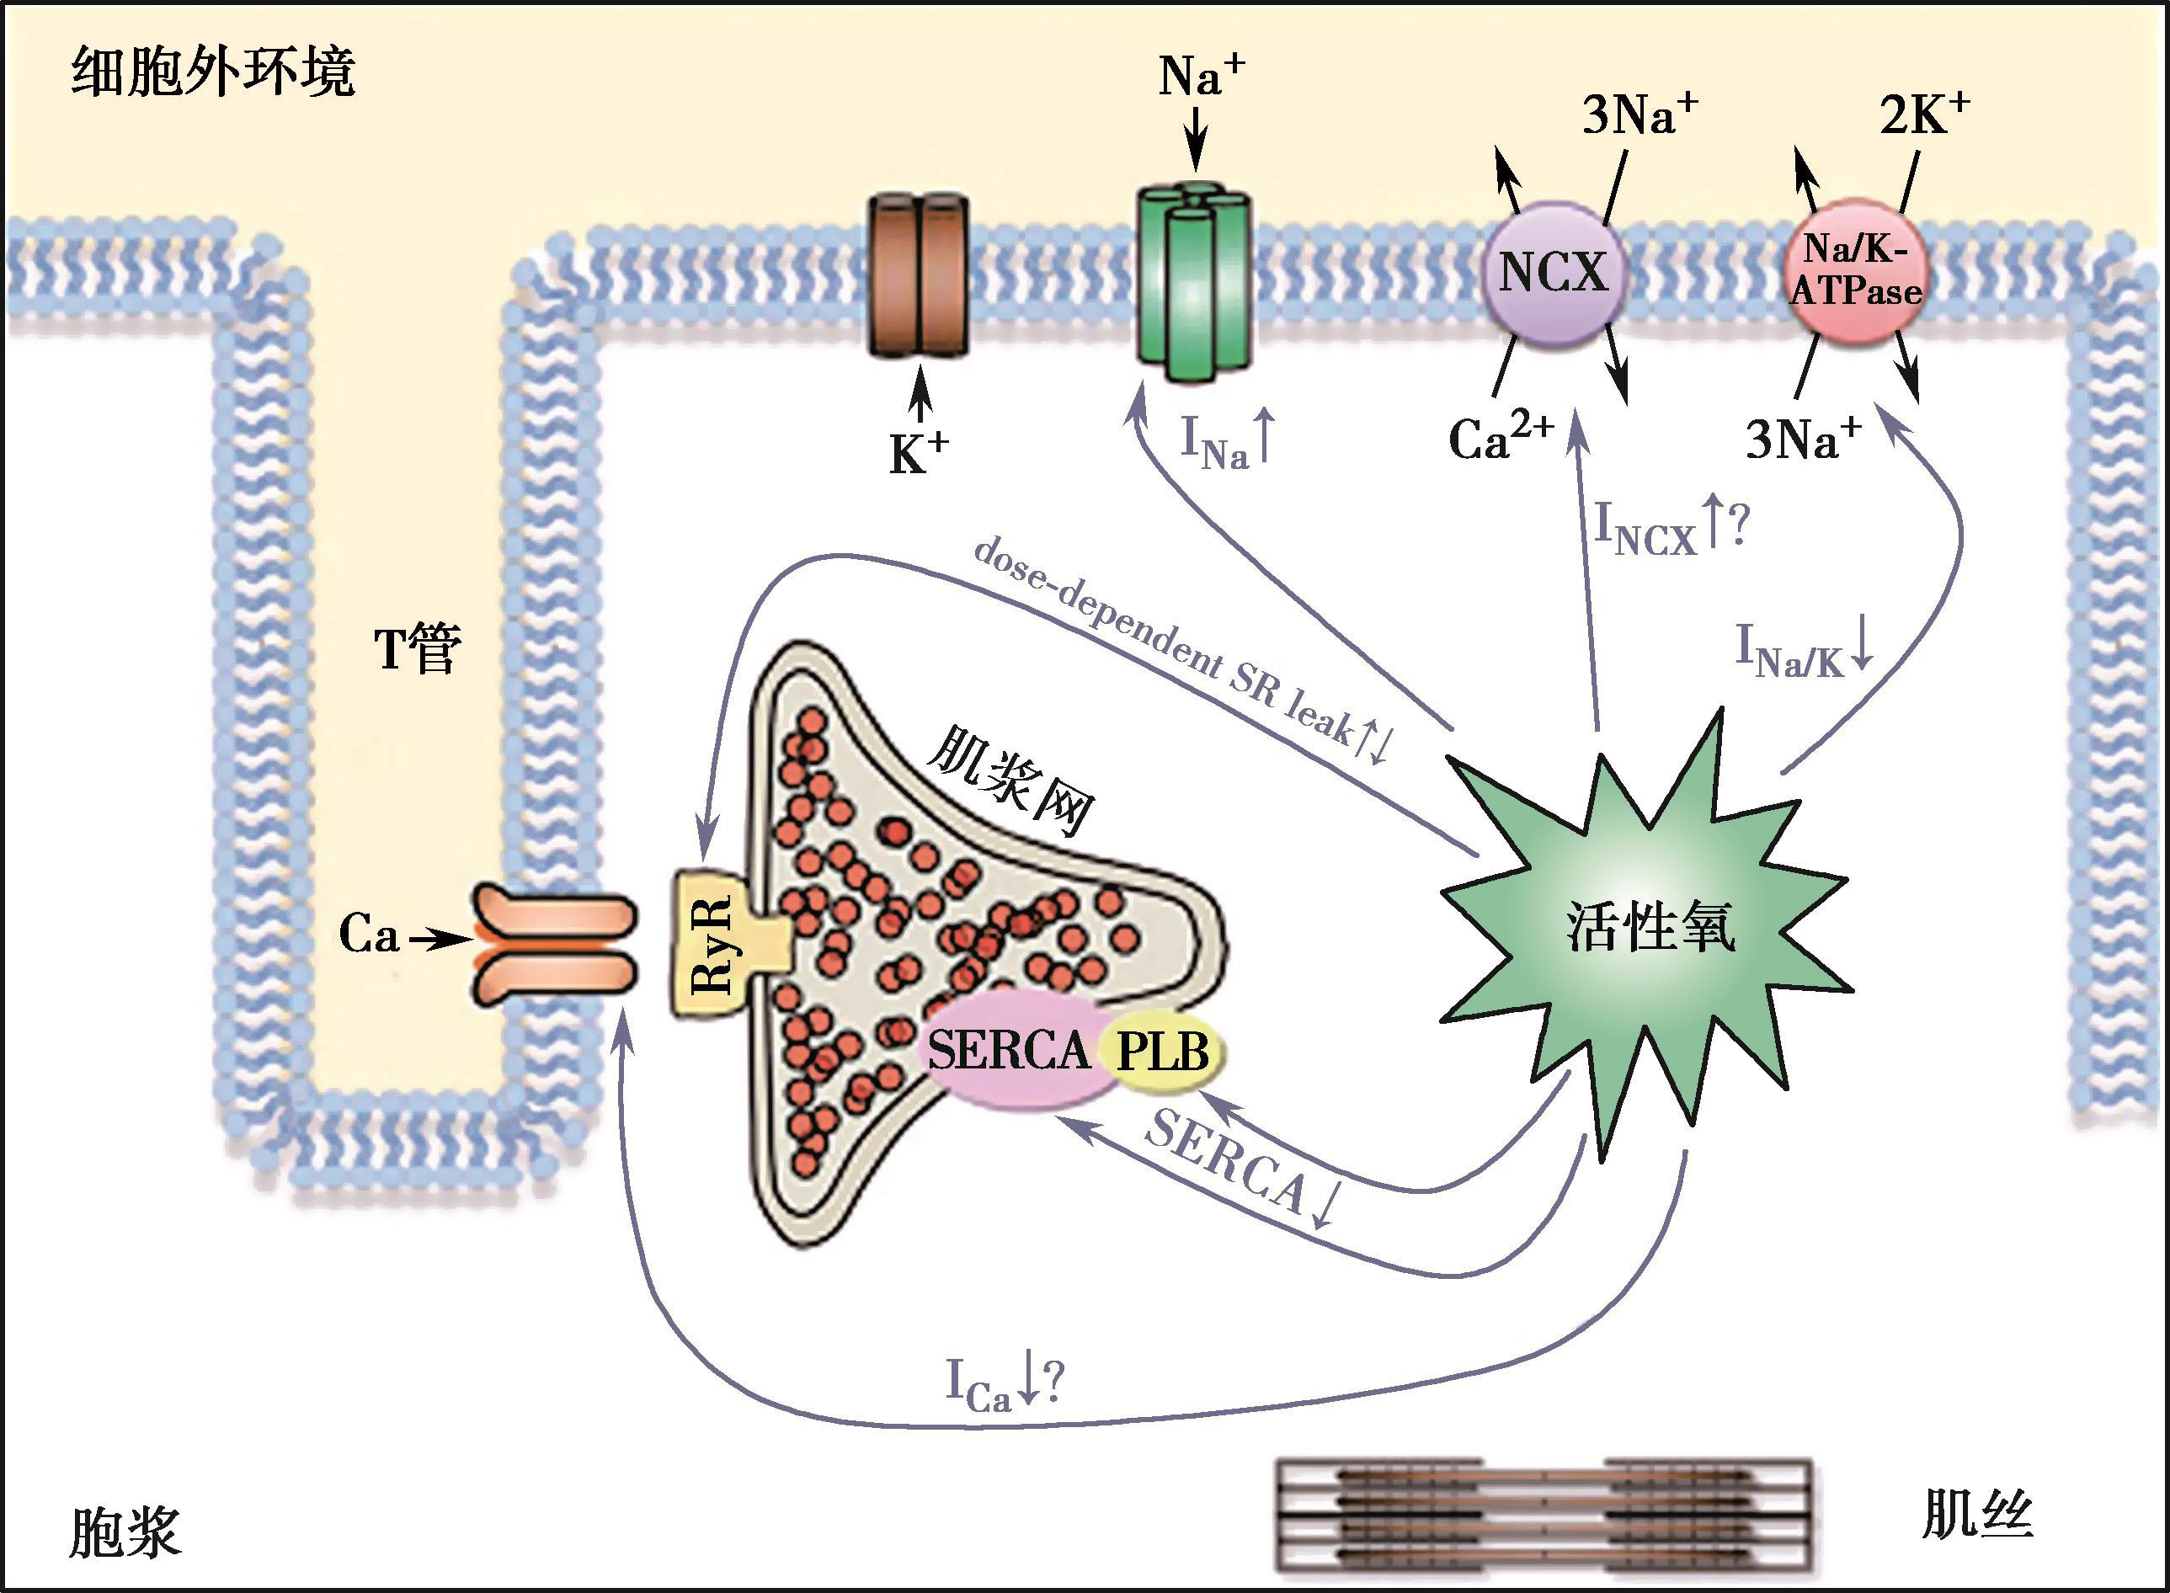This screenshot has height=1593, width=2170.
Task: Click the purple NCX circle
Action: point(1554,274)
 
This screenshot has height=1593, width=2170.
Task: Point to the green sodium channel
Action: point(1194,280)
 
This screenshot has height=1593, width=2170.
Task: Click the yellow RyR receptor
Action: point(714,944)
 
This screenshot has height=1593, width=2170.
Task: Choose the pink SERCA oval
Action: point(1008,1050)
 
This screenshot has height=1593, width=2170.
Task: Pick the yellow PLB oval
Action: point(1165,1052)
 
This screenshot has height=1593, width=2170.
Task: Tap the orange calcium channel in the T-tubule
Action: point(555,940)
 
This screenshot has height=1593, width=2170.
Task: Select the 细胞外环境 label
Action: point(213,73)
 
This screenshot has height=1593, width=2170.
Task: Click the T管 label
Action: point(418,648)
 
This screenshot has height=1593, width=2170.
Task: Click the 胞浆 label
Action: point(125,1532)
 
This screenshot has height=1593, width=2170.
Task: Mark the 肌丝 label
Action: point(1977,1515)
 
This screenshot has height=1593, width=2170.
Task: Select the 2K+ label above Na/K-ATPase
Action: point(1923,115)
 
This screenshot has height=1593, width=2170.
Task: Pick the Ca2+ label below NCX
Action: point(1501,438)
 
